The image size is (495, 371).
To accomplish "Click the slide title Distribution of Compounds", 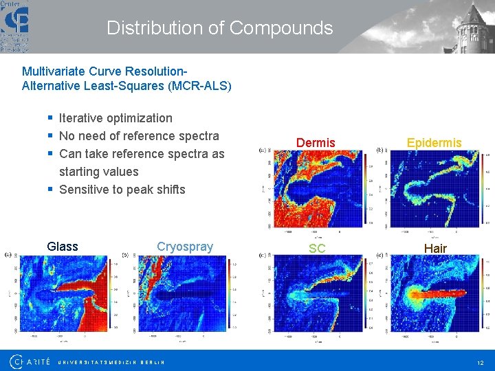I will click(219, 28).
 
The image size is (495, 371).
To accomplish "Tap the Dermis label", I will click(316, 143).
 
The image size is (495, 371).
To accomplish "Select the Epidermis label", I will click(434, 143).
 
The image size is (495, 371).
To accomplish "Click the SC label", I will click(317, 248).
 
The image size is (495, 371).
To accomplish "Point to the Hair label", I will click(435, 248).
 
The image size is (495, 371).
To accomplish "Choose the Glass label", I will click(63, 247).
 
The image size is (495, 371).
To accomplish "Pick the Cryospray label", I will click(185, 247).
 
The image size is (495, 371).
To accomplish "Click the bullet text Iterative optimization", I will click(115, 118).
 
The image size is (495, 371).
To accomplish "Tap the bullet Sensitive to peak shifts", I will click(122, 190).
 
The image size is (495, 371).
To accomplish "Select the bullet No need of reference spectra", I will click(139, 136).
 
